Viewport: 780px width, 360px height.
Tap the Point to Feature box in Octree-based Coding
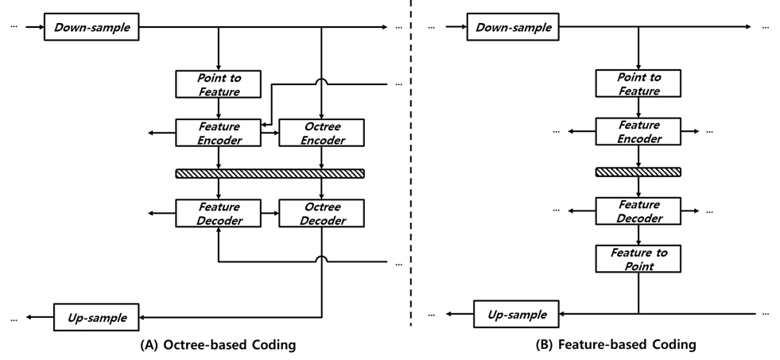[x=218, y=85]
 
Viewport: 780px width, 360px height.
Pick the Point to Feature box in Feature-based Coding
[x=638, y=85]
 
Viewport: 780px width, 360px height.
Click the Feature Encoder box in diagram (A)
[x=218, y=133]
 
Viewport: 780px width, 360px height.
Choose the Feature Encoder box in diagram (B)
[x=638, y=133]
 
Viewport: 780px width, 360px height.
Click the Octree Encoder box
[x=321, y=133]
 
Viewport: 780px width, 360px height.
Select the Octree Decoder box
[x=321, y=212]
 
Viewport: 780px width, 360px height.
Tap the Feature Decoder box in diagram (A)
[x=218, y=212]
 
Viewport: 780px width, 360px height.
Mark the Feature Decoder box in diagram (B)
[x=638, y=212]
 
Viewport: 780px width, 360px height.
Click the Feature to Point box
[x=638, y=259]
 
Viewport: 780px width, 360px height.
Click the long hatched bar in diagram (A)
[x=270, y=172]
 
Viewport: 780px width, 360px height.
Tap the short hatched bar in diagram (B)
[x=638, y=172]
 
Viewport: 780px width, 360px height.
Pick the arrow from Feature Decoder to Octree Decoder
[x=270, y=212]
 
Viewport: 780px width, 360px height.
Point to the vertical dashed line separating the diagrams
[x=411, y=159]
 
